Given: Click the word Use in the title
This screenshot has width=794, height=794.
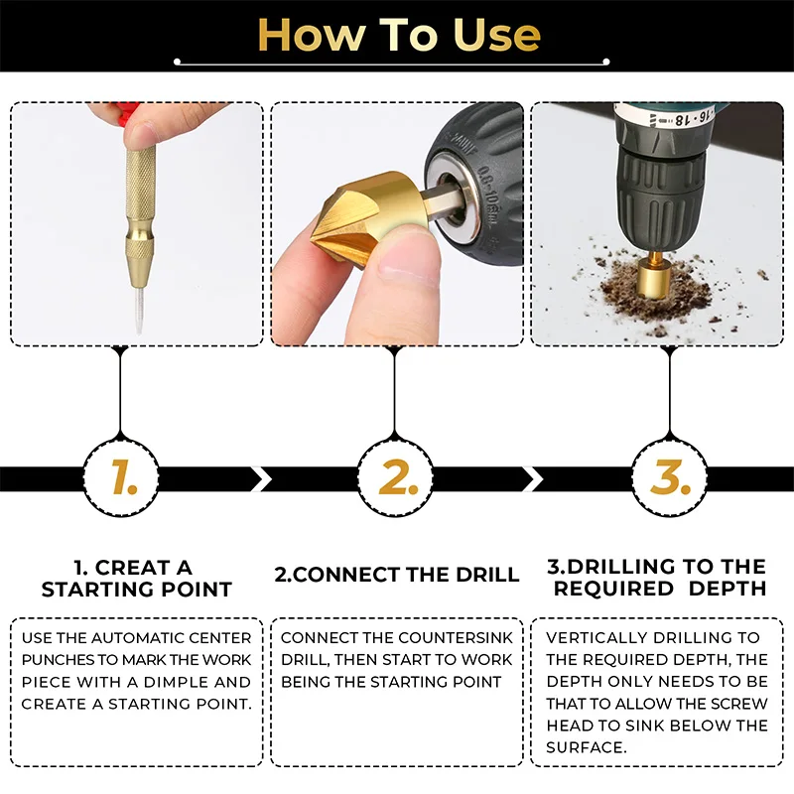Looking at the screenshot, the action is click(x=496, y=35).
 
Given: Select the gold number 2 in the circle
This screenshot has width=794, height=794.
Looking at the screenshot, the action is click(x=398, y=477).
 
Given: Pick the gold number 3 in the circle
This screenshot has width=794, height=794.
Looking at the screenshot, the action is click(x=670, y=477).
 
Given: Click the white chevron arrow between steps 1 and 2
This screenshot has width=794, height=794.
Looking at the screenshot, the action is click(x=262, y=479).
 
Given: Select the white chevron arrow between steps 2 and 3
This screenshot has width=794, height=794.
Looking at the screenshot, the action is click(x=533, y=479).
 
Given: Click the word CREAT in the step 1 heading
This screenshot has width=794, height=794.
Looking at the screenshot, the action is click(x=132, y=568).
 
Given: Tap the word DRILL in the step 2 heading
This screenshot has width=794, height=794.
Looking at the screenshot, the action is click(x=487, y=575).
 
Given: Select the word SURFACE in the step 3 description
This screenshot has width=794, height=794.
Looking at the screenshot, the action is click(x=586, y=747).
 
